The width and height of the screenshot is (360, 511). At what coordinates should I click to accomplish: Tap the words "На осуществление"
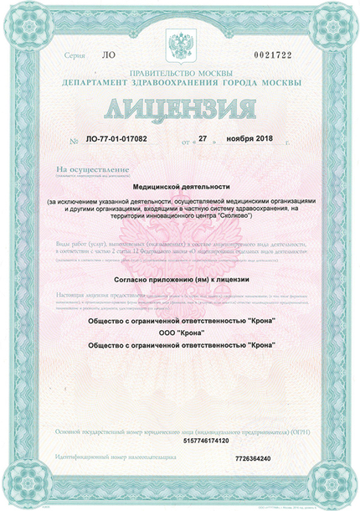(84, 169)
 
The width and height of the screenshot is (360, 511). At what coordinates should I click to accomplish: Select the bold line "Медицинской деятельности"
(180, 190)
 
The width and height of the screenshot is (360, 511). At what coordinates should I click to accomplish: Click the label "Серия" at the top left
(75, 55)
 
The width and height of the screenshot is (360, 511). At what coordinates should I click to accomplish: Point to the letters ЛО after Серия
(107, 55)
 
